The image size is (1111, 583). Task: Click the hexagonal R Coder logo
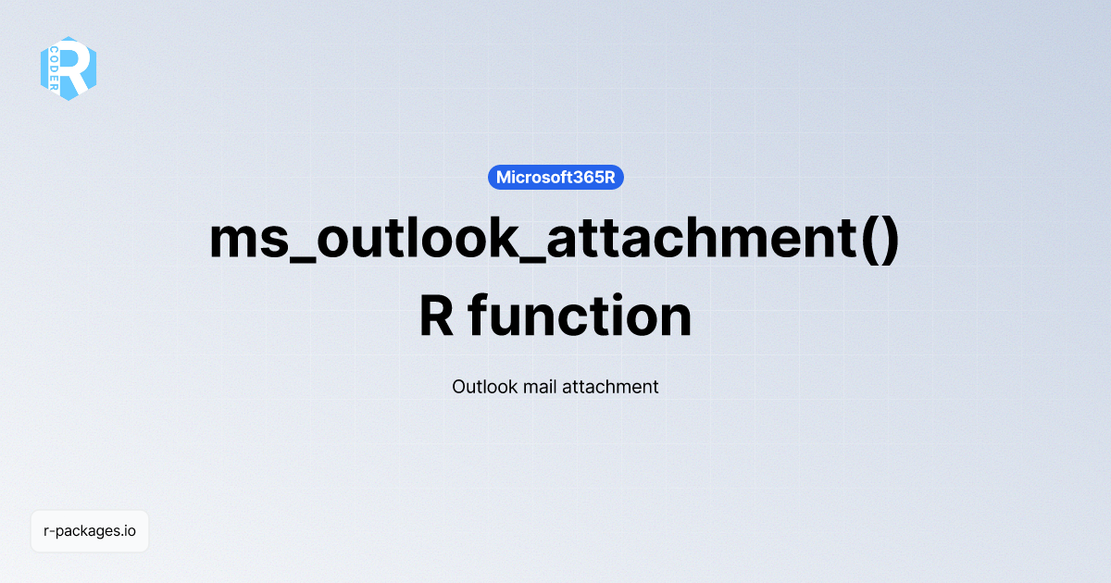point(69,68)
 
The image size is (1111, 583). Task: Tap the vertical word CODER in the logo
point(56,68)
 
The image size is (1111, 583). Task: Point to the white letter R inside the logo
point(78,68)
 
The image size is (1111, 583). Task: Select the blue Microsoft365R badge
point(555,178)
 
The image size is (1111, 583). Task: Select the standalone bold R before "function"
point(435,316)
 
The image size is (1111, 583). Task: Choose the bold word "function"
point(580,316)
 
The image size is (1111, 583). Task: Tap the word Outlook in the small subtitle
point(485,387)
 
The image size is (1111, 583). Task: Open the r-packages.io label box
point(90,531)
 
